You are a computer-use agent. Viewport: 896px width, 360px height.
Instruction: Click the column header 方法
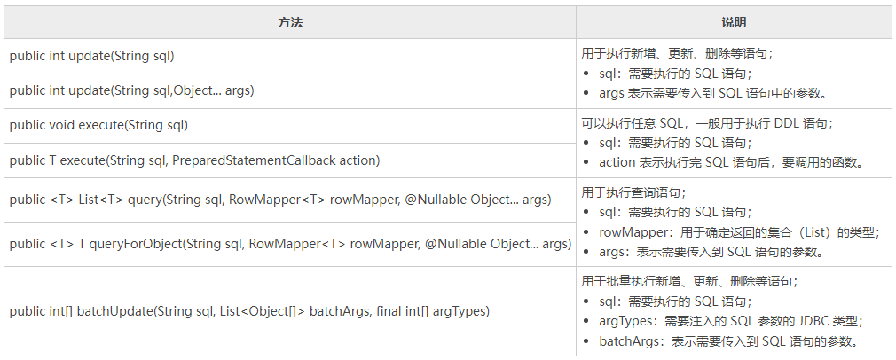tap(290, 22)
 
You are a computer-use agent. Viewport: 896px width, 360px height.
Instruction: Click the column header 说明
tap(734, 22)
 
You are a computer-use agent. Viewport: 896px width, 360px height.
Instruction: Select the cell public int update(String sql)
tap(91, 56)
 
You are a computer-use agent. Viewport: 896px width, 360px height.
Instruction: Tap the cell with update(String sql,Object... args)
tap(131, 90)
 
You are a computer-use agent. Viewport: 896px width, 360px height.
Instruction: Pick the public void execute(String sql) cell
tap(98, 125)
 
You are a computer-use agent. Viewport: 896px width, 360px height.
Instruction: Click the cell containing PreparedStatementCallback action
tap(194, 160)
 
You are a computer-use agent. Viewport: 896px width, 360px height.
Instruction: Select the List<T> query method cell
tap(279, 200)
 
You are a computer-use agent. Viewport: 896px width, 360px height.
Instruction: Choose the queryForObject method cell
tap(289, 244)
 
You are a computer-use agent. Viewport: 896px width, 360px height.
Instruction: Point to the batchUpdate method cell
tap(249, 311)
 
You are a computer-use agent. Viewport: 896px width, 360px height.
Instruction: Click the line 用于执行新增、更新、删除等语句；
tap(677, 53)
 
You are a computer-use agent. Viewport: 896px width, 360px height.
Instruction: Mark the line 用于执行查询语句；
tap(633, 192)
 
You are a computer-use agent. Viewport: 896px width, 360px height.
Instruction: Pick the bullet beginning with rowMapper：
tap(738, 232)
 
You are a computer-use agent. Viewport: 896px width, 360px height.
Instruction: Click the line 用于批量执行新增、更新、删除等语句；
tap(689, 281)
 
